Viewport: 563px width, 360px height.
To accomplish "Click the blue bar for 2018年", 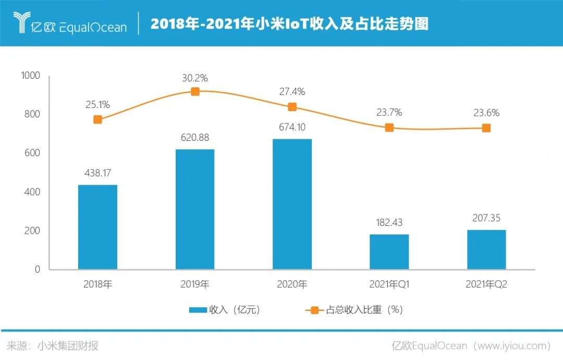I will tap(97, 227).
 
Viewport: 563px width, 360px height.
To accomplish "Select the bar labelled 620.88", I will tap(195, 209).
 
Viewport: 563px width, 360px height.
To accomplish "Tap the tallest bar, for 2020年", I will tap(292, 204).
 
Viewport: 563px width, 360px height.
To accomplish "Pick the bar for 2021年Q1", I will tap(389, 251).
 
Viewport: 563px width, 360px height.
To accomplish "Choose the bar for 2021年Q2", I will tap(486, 249).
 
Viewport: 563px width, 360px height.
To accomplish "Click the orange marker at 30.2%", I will tap(195, 91).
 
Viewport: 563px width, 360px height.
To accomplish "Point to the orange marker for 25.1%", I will tap(97, 119).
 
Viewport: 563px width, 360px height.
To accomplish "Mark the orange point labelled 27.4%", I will tap(292, 107).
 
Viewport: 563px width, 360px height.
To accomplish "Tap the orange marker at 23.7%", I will tap(389, 127).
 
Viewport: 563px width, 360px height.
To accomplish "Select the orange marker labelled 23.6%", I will tap(486, 128).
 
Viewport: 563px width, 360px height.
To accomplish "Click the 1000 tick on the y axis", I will tap(30, 76).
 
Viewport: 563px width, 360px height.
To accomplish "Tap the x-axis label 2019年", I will tap(195, 284).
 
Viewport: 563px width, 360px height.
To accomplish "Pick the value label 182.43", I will tap(389, 223).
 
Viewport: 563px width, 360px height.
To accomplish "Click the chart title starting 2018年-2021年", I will tap(289, 23).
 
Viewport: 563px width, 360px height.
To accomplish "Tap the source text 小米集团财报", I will tap(67, 345).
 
